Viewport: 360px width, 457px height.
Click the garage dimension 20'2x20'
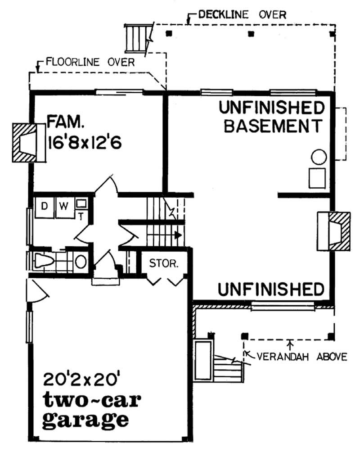point(81,379)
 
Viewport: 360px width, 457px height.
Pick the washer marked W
point(63,207)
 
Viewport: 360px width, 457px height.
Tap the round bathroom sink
point(81,262)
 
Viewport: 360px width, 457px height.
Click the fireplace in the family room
point(29,142)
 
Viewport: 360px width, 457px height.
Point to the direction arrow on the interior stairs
point(178,235)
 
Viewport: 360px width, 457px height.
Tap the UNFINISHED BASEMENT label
point(272,117)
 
